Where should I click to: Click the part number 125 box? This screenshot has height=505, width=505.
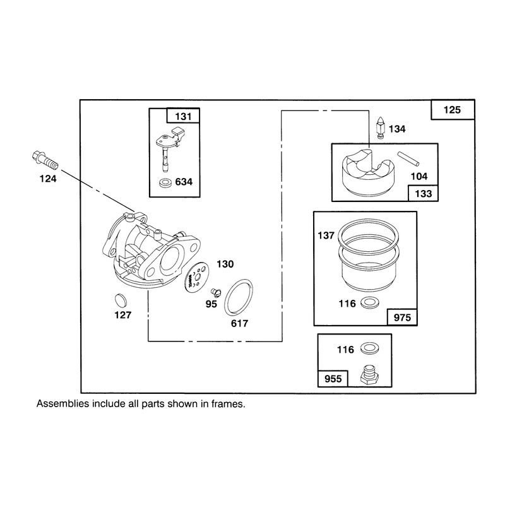453,110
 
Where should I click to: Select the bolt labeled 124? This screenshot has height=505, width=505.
45,160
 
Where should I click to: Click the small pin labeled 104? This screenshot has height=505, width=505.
408,159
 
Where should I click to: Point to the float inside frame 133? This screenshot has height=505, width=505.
368,172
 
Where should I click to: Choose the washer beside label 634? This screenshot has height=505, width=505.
165,183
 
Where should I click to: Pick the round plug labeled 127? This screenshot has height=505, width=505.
121,300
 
